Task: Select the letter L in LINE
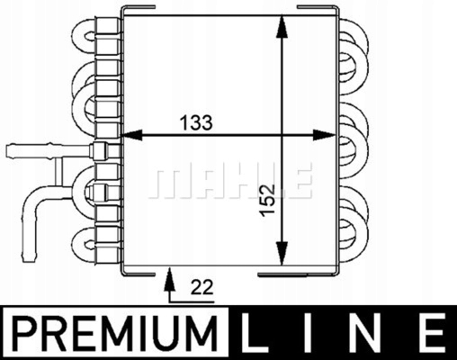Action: (254, 335)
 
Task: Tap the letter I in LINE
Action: (310, 335)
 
